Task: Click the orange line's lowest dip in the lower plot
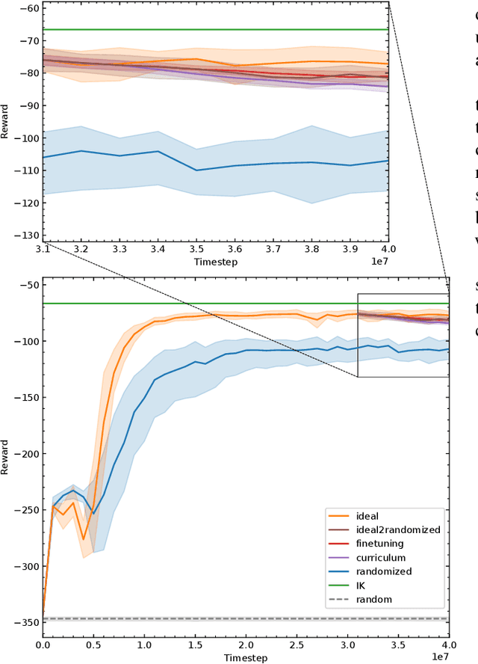click(83, 539)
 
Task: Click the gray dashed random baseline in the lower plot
click(224, 619)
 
